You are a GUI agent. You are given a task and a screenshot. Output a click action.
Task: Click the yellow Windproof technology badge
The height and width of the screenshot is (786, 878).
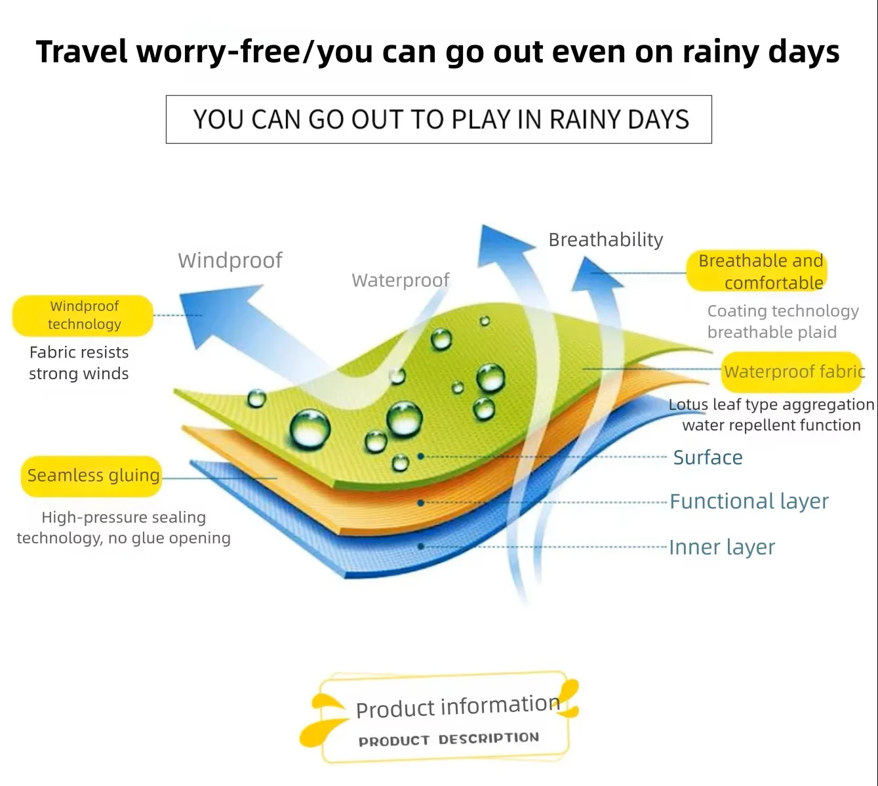[x=83, y=316]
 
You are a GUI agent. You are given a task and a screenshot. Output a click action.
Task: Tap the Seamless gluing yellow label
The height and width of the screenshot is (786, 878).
[x=91, y=476]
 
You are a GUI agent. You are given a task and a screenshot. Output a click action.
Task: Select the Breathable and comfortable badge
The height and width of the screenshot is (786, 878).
[x=757, y=271]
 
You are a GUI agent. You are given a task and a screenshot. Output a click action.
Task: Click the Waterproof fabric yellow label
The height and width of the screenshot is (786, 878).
[x=791, y=372]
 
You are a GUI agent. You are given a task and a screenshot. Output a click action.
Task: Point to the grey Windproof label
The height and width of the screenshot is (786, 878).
[x=230, y=260]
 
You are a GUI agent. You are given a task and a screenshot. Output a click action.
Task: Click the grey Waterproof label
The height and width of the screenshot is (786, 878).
[x=401, y=280]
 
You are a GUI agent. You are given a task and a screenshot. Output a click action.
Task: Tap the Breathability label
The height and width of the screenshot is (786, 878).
[x=605, y=239]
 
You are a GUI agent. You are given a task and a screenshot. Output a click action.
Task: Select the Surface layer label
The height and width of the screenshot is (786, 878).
[x=708, y=457]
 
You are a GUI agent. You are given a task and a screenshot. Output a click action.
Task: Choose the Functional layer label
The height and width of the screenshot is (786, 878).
[x=749, y=501]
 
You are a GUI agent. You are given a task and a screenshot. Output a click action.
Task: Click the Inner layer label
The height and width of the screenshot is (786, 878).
[x=722, y=547]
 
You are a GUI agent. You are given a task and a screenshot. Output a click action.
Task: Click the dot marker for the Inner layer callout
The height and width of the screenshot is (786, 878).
[x=420, y=547]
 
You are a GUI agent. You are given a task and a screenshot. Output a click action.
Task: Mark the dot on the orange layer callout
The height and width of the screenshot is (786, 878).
[x=420, y=503]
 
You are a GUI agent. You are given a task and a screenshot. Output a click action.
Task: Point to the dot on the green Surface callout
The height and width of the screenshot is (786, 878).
[x=420, y=457]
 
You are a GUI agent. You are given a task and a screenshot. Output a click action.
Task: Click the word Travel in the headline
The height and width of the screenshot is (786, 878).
[x=81, y=52]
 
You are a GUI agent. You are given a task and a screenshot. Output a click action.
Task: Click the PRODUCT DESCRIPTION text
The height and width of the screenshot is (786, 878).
[x=449, y=739]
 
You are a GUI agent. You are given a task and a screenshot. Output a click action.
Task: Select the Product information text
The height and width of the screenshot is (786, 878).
[x=458, y=706]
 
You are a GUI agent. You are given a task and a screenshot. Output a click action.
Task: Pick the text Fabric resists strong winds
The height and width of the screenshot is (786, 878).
[x=79, y=363]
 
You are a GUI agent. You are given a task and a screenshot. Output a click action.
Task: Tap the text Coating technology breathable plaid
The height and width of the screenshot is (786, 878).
[x=783, y=321]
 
